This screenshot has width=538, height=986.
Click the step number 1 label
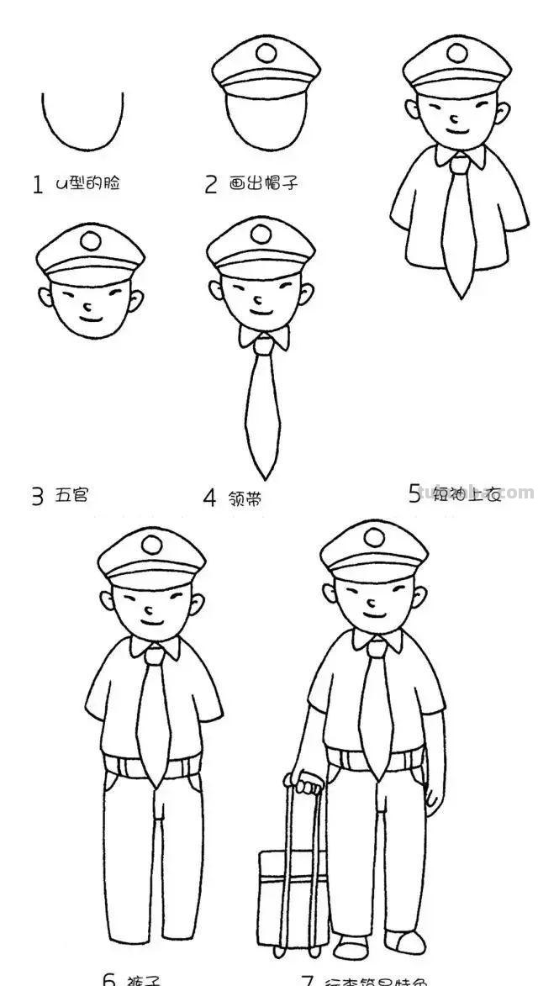pyautogui.click(x=37, y=185)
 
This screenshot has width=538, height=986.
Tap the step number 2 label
pyautogui.click(x=211, y=185)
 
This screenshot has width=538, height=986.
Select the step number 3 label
pyautogui.click(x=37, y=498)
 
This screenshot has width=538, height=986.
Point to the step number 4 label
pyautogui.click(x=209, y=498)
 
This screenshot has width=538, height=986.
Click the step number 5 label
pyautogui.click(x=414, y=494)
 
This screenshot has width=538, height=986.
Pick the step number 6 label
pyautogui.click(x=109, y=978)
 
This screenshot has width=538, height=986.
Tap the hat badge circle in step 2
pyautogui.click(x=266, y=54)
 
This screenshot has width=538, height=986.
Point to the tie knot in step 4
pyautogui.click(x=264, y=344)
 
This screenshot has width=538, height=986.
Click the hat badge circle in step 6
pyautogui.click(x=151, y=545)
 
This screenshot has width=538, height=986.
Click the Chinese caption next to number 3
pyautogui.click(x=71, y=496)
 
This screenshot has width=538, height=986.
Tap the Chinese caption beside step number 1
pyautogui.click(x=87, y=182)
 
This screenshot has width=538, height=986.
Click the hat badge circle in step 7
pyautogui.click(x=373, y=537)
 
